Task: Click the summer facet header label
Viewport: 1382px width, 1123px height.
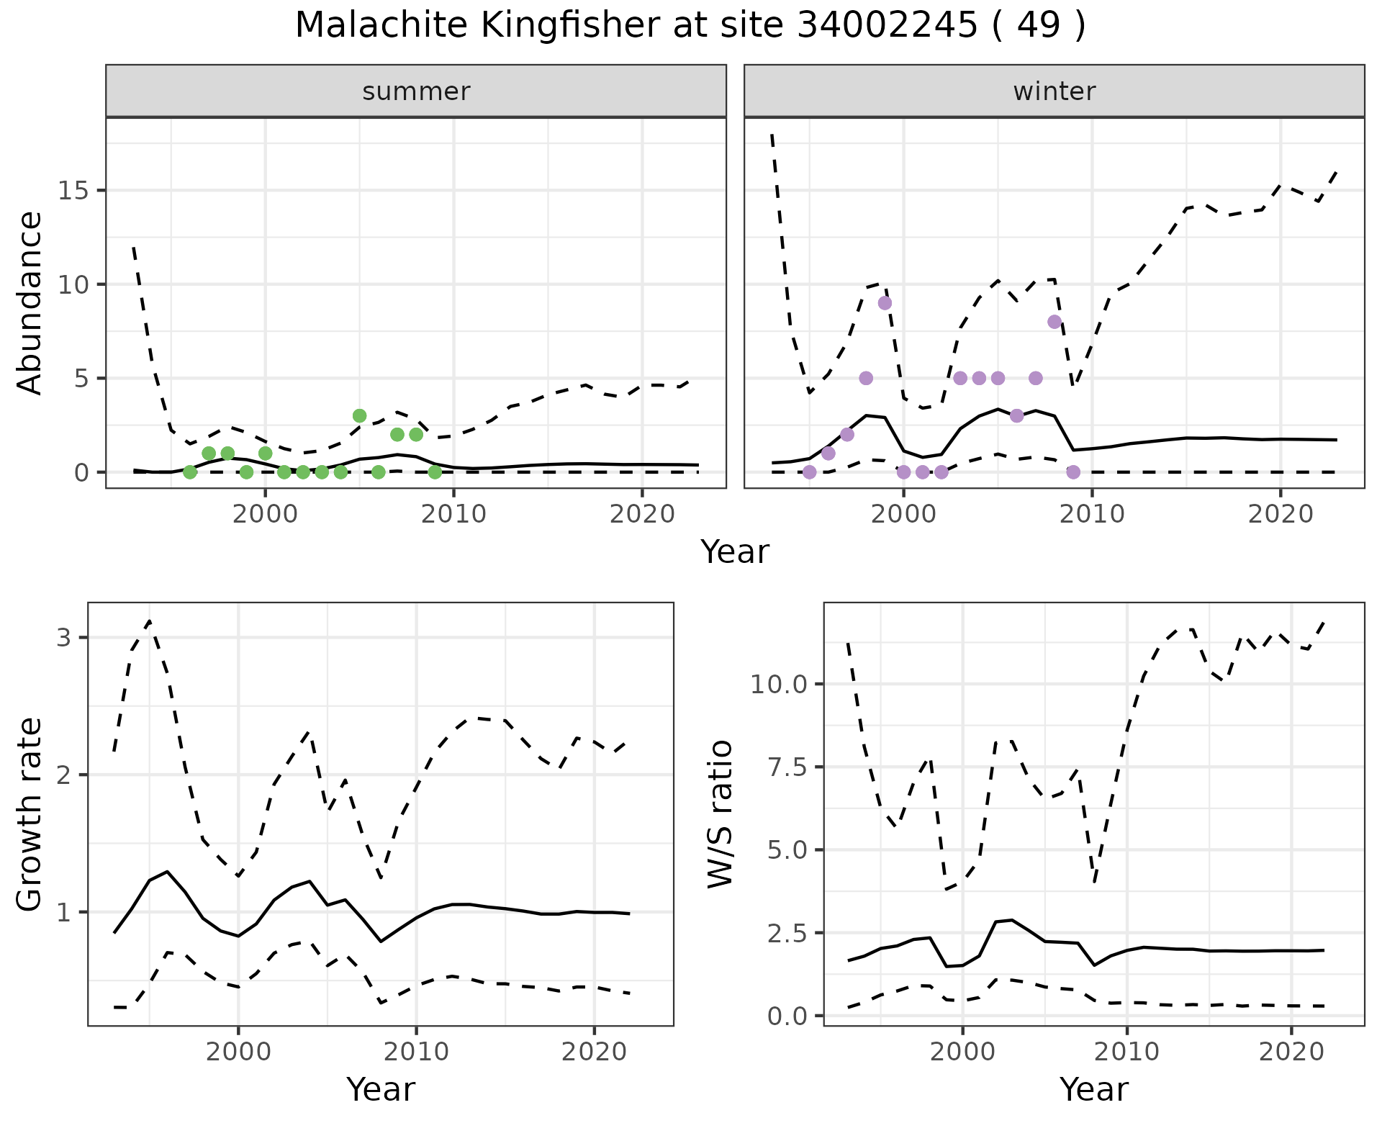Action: [416, 91]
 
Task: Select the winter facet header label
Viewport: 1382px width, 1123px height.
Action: [1054, 91]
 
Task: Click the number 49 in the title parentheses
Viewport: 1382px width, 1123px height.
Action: [1039, 26]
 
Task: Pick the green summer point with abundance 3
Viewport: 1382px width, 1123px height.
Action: [360, 415]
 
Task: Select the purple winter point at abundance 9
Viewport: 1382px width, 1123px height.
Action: [885, 303]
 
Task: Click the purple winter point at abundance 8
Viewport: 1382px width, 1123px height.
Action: [1054, 322]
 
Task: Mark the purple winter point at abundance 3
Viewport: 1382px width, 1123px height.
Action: [1016, 415]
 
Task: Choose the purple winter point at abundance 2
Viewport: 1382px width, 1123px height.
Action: [847, 434]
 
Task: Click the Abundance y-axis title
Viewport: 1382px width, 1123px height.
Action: [30, 302]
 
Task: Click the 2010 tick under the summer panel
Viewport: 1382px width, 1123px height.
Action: [453, 514]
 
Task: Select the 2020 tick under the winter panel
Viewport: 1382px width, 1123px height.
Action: [1281, 514]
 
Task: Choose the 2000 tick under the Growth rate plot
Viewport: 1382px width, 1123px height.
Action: [238, 1052]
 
